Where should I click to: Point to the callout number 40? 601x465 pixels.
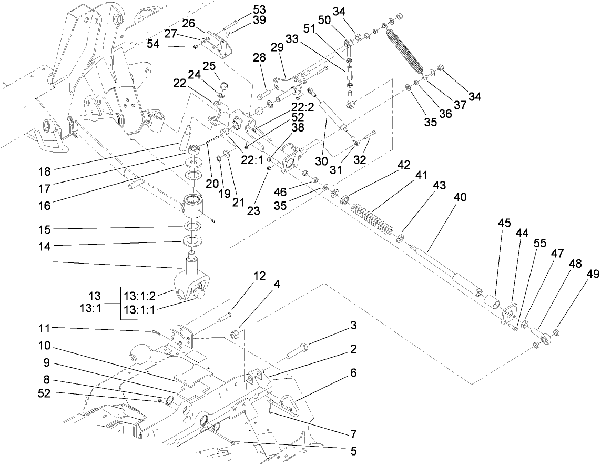click(460, 197)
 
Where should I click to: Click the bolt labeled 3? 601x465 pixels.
click(298, 350)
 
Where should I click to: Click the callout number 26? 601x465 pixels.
click(189, 23)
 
